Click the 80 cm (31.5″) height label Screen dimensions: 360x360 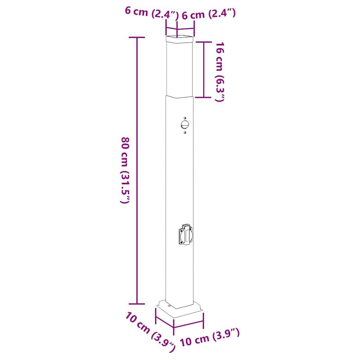126,170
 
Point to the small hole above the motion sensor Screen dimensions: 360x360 185,117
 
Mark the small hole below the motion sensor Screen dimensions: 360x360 185,133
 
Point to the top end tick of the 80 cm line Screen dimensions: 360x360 137,37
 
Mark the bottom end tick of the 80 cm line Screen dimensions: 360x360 137,303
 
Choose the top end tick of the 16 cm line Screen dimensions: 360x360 204,41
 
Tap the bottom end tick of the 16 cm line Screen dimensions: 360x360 204,97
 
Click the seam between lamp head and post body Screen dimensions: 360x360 179,96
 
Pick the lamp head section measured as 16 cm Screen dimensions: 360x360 179,69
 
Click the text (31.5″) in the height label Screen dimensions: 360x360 125,188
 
